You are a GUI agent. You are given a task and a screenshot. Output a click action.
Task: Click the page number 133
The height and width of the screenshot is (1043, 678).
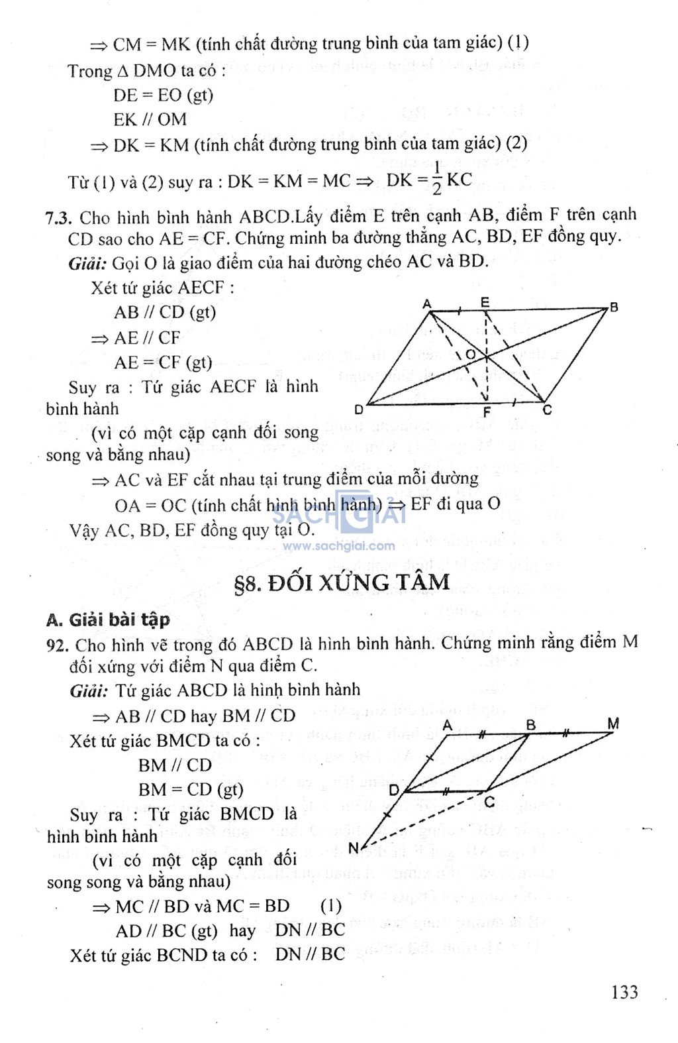(624, 992)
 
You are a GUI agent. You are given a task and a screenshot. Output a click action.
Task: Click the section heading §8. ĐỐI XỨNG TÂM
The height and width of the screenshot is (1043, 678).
(342, 582)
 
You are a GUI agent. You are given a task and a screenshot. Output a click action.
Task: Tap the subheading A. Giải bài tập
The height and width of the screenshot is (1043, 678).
(108, 620)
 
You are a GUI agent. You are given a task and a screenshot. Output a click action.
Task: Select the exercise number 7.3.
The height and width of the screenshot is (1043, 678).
(58, 218)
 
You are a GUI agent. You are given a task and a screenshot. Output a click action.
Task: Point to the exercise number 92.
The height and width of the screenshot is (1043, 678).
(58, 645)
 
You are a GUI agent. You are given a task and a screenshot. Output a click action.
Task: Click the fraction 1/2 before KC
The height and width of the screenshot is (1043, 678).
(437, 179)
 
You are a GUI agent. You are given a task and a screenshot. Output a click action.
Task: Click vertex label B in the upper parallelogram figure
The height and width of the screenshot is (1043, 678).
(614, 307)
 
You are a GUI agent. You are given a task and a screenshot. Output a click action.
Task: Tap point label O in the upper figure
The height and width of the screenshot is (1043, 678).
(470, 355)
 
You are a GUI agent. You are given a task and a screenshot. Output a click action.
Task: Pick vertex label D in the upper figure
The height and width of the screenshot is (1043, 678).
(358, 410)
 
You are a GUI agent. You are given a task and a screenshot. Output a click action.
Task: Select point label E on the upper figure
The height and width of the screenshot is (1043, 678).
(485, 302)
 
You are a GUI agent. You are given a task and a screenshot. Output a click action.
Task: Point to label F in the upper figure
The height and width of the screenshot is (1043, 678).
(487, 412)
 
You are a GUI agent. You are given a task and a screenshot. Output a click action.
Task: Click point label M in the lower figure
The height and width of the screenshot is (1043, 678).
(613, 723)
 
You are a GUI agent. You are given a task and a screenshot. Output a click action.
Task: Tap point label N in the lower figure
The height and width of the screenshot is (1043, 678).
(354, 848)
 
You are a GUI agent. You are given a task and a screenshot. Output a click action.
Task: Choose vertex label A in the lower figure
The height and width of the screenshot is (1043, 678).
(448, 725)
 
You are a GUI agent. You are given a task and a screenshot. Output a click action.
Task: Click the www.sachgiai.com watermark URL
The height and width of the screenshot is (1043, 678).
(338, 546)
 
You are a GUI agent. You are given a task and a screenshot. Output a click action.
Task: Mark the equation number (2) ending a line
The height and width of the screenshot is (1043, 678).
(516, 143)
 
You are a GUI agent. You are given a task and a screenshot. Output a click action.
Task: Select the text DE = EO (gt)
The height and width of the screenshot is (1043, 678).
(163, 95)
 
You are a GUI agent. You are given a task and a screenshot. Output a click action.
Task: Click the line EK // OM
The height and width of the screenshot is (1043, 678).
(150, 120)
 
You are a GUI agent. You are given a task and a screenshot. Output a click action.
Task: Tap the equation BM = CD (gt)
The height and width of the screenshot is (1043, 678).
(191, 790)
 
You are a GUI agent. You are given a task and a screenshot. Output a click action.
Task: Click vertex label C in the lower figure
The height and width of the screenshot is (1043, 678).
(489, 802)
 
